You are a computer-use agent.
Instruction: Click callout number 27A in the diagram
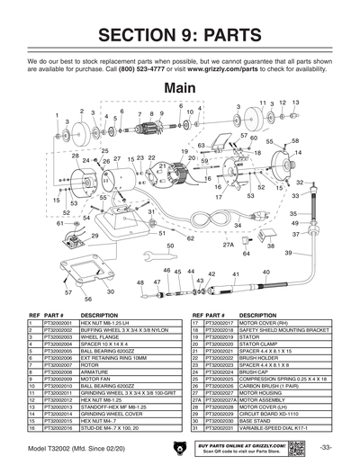point(228,244)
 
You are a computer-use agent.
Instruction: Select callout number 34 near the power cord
point(238,225)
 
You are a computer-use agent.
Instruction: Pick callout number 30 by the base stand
point(110,291)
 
